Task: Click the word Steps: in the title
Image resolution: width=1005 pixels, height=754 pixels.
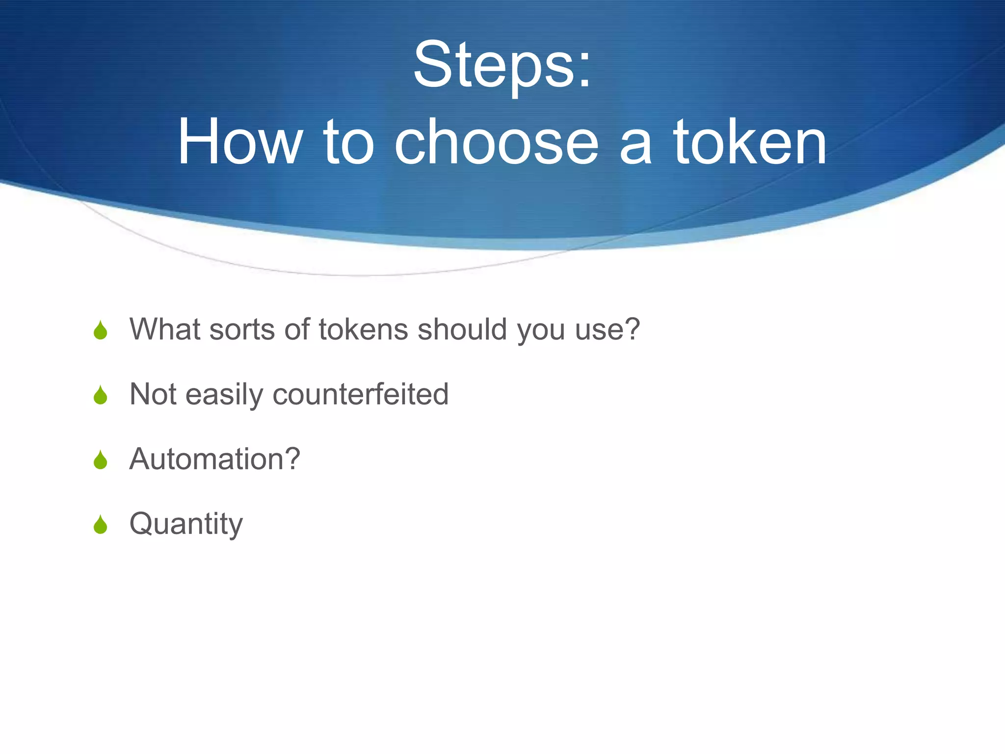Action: [x=502, y=66]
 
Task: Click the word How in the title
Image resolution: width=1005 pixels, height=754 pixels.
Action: [x=239, y=142]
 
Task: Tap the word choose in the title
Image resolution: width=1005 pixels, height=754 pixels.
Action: [x=497, y=142]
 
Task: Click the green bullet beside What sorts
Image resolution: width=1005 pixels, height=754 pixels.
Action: [x=101, y=330]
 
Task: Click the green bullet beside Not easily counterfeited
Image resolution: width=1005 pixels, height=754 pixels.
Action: [x=101, y=395]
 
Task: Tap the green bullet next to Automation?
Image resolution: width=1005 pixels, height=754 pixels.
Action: [x=101, y=460]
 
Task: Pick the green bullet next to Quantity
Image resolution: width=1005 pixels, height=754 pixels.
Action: [x=101, y=525]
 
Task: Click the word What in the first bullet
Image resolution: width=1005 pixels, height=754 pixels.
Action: [x=164, y=329]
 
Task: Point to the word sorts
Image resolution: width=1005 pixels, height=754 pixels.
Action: [x=242, y=330]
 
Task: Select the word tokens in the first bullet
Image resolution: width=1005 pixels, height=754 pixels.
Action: [x=363, y=329]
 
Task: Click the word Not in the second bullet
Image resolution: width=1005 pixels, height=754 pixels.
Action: [x=153, y=394]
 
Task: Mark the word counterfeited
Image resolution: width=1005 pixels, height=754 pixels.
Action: [x=361, y=394]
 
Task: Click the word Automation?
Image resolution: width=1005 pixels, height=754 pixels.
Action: [x=214, y=459]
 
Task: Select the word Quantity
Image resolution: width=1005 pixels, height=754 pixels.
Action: [x=186, y=524]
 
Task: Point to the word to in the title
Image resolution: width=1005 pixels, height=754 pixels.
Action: [x=349, y=142]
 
